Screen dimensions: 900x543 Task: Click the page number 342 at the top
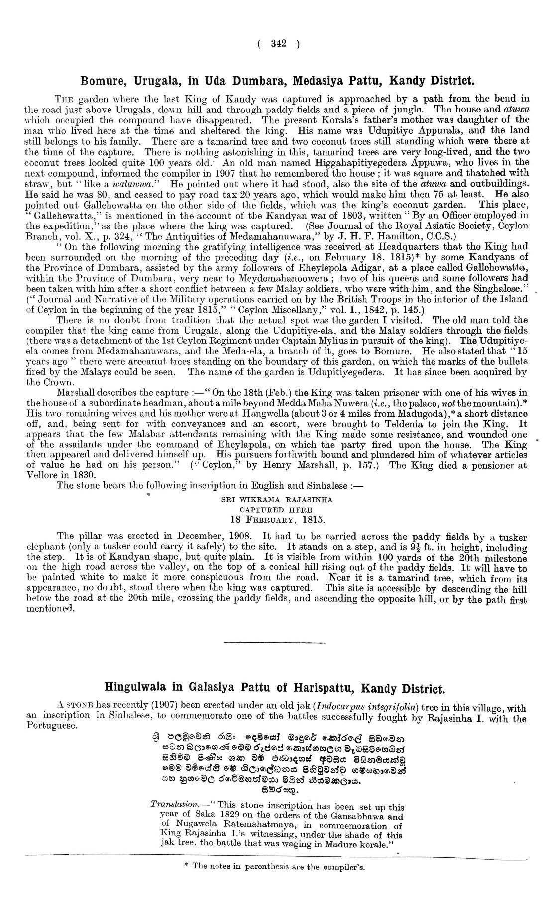click(278, 44)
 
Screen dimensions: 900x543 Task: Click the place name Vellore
click(42, 475)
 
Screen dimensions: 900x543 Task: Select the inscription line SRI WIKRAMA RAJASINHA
click(277, 499)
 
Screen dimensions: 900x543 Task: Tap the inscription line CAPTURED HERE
click(276, 509)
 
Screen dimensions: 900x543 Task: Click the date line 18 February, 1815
click(277, 520)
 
